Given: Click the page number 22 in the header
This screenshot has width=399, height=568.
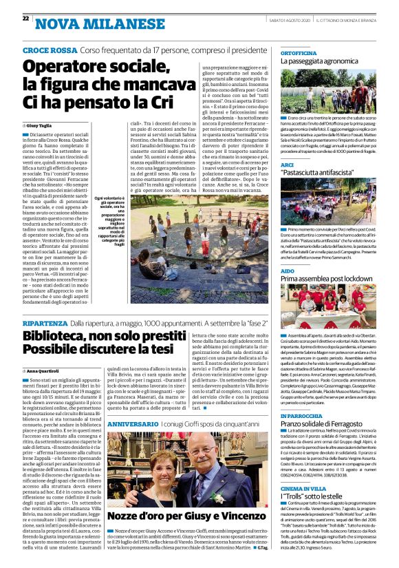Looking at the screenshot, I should point(25,18).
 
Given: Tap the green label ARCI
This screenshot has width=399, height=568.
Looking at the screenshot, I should point(288,165).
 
